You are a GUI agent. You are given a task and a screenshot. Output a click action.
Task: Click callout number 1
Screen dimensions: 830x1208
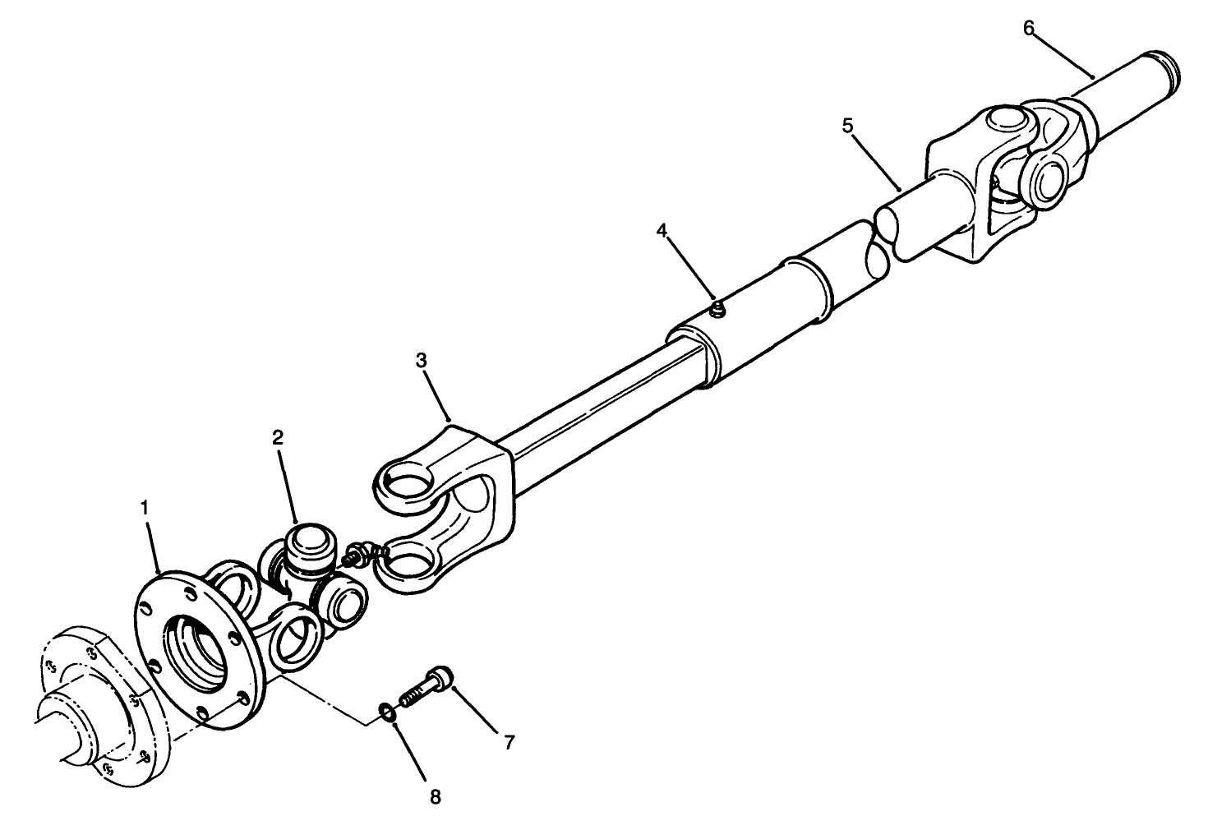145,508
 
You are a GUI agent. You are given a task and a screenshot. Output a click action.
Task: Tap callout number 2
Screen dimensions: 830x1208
278,437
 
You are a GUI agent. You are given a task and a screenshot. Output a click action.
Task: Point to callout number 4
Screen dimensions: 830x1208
662,231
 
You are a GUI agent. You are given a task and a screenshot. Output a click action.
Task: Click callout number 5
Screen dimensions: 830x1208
847,126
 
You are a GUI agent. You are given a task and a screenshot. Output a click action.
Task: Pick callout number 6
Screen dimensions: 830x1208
1029,27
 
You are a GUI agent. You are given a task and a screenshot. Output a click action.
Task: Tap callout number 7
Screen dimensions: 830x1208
509,742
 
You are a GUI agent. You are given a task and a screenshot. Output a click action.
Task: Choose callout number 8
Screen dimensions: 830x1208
436,795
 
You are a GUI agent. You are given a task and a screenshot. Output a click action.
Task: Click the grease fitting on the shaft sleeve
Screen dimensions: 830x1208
717,309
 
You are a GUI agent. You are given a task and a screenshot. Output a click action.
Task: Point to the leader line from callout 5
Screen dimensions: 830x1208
876,159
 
